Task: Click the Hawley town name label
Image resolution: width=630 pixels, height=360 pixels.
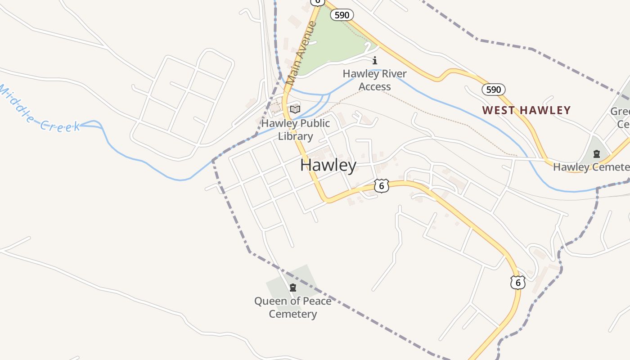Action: [x=328, y=165]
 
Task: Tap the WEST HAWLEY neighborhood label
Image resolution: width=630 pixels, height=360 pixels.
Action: [x=526, y=110]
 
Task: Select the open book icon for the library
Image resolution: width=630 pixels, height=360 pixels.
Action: [x=295, y=109]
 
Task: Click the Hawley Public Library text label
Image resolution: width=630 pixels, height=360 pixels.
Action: [x=295, y=130]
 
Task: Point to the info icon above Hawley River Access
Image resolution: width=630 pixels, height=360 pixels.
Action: [x=375, y=60]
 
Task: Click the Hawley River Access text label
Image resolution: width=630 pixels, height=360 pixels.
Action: [x=374, y=80]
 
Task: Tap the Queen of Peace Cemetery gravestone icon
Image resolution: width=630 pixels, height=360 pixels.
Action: [x=293, y=287]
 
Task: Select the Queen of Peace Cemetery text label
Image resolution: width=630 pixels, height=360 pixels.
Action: [x=293, y=307]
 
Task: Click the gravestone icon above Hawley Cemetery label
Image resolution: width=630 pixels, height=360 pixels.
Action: [x=597, y=154]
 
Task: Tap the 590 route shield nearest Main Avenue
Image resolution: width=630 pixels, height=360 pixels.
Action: [x=342, y=15]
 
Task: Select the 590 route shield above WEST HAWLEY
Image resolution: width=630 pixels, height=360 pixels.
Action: [x=493, y=89]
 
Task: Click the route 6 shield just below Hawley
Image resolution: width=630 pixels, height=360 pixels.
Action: [x=381, y=185]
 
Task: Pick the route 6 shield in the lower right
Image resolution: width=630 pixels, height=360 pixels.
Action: [x=518, y=282]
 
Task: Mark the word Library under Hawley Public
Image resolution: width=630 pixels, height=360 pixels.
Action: [x=295, y=136]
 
